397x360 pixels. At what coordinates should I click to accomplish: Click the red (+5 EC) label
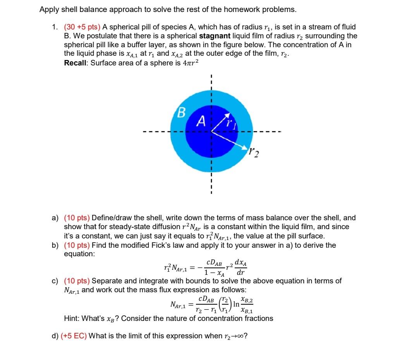pos(74,336)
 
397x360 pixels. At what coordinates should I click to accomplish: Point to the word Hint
pos(72,319)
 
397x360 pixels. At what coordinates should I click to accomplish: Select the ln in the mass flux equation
pos(236,305)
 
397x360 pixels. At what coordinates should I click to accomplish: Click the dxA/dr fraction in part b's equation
pos(242,266)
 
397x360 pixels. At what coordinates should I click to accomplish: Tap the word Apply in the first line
pos(48,9)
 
